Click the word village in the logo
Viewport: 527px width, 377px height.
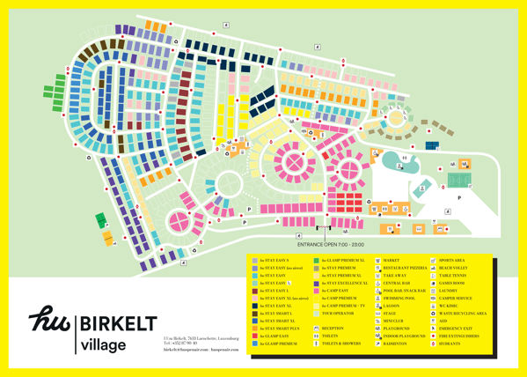point(105,343)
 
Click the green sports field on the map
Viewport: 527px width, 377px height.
point(459,181)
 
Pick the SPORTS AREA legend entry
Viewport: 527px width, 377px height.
point(457,261)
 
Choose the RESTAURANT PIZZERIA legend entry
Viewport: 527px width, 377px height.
point(407,270)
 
